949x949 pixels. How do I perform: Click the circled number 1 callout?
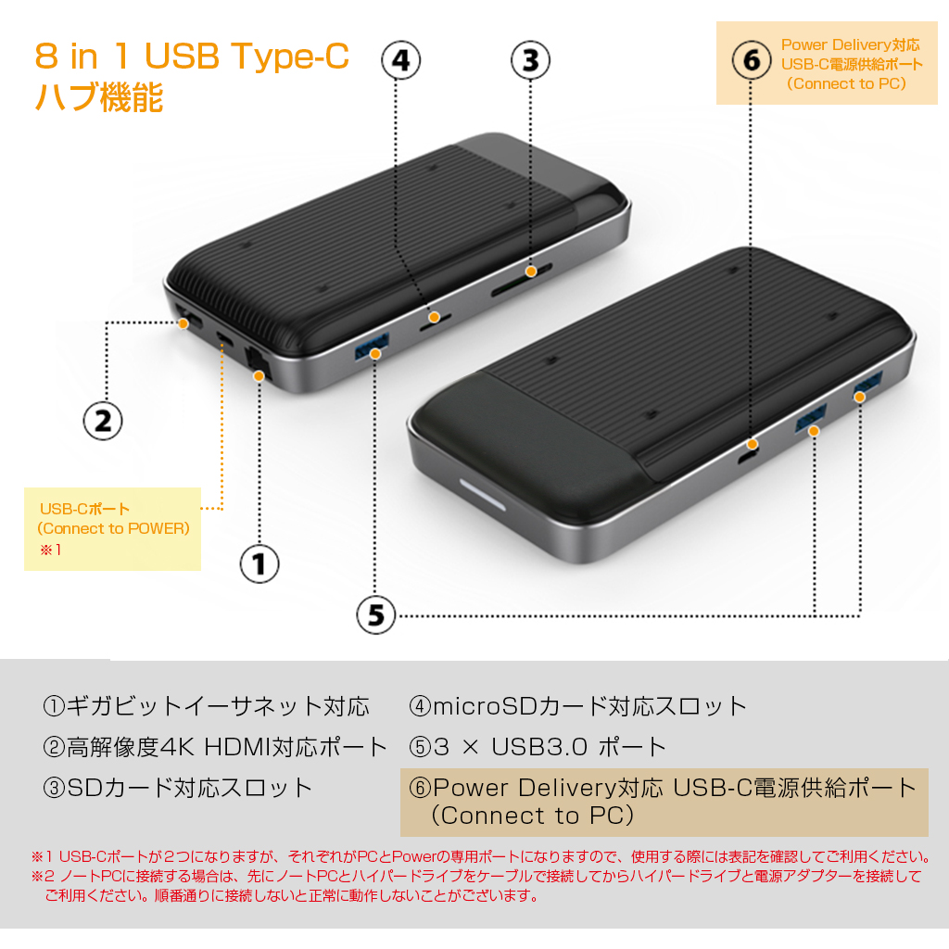259,564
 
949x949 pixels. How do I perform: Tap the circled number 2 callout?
103,422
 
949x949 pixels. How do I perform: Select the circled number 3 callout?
531,60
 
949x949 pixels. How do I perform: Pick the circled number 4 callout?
401,60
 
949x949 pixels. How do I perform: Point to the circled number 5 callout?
376,615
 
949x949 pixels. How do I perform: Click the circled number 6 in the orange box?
752,60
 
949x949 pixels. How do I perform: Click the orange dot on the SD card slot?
531,272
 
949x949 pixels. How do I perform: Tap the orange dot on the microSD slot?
434,317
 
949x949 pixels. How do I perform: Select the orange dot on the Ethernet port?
259,376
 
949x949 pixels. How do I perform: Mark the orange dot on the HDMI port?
183,323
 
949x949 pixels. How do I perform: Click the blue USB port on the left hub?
371,347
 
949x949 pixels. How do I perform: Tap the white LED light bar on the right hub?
482,495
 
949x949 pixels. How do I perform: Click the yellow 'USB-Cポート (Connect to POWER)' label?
112,529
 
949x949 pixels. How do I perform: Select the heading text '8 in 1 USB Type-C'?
192,56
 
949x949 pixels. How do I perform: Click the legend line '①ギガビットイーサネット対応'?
206,706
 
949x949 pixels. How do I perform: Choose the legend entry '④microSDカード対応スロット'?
578,706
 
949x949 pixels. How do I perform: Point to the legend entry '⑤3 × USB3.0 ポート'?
538,747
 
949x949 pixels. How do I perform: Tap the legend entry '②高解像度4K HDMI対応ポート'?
215,747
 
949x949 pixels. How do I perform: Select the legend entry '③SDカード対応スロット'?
177,788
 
